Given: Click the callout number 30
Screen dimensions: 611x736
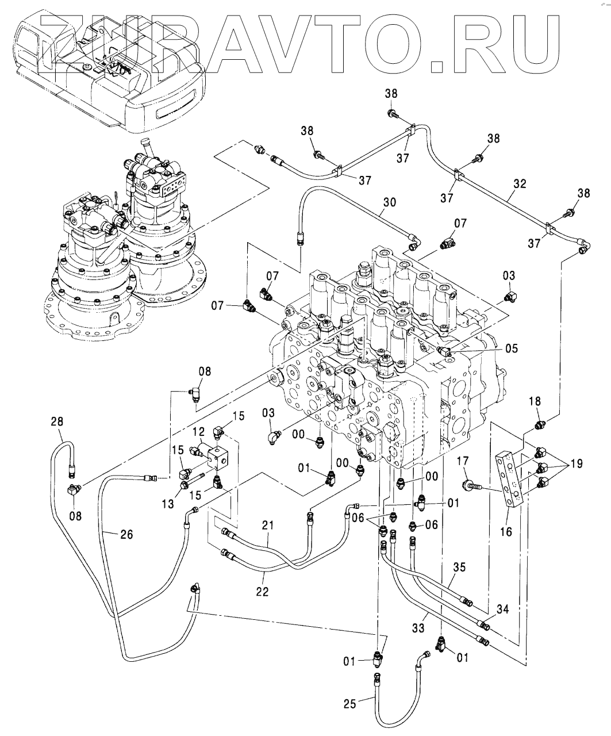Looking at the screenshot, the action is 389,202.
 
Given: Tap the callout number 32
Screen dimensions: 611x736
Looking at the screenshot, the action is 520,184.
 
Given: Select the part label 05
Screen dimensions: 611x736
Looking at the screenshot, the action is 512,348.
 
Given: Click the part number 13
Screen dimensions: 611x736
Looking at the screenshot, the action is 168,504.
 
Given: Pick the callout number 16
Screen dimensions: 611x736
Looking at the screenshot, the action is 506,531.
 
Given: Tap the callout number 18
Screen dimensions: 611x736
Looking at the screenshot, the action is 535,401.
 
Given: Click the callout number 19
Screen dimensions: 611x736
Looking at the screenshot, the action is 576,464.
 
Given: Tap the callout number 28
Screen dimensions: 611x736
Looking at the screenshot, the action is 57,421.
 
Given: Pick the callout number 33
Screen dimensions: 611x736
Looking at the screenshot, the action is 418,628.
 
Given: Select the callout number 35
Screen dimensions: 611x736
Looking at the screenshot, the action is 459,567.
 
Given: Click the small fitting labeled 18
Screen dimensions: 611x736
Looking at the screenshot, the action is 539,425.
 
